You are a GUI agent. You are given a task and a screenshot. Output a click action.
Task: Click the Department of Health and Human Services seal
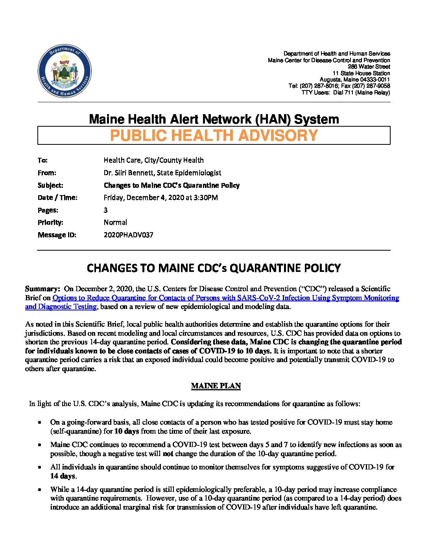[x=65, y=71]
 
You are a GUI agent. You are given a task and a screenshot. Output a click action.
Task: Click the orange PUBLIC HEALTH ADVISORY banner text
[x=214, y=136]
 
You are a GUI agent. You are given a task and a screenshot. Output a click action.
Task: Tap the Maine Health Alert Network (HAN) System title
[x=214, y=119]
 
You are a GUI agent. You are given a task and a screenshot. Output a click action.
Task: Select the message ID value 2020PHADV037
[x=128, y=235]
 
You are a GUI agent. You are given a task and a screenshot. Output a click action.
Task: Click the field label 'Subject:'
[x=50, y=185]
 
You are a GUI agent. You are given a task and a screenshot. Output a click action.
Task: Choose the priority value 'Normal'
[x=115, y=222]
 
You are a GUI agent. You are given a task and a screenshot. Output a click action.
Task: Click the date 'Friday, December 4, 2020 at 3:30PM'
[x=160, y=198]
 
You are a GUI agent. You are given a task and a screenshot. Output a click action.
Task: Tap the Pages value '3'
[x=105, y=210]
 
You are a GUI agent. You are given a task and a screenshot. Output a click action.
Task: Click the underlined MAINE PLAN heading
[x=216, y=386]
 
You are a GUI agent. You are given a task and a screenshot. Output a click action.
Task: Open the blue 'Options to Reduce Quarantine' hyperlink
[x=225, y=298]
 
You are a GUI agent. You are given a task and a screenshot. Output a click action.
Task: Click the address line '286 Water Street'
[x=369, y=67]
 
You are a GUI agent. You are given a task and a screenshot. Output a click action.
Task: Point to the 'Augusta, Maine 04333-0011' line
[x=355, y=79]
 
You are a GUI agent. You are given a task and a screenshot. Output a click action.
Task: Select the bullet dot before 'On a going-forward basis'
[x=40, y=423]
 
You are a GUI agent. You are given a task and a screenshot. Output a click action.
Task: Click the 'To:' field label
[x=42, y=161]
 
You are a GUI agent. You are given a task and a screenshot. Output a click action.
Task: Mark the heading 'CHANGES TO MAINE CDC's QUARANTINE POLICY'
[x=214, y=268]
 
